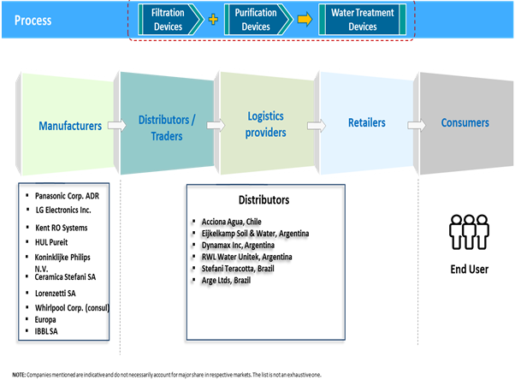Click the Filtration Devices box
[168, 20]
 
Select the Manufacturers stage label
[70, 126]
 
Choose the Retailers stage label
[366, 123]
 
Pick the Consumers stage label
[465, 123]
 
